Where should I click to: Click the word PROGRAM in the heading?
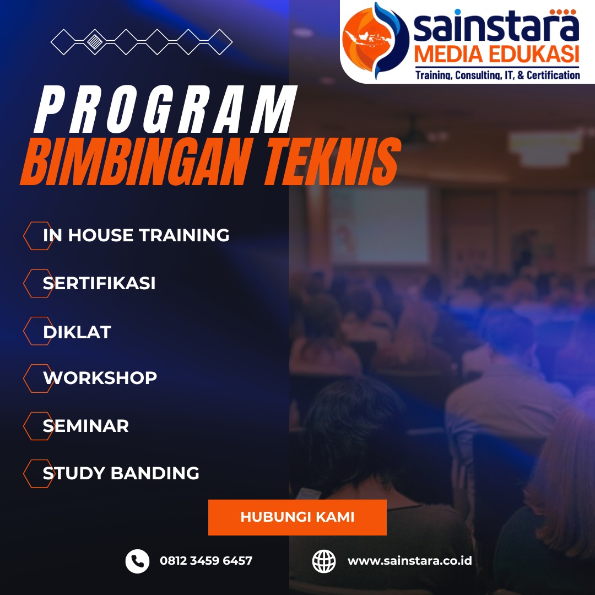(x=165, y=109)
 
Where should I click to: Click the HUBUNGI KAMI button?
(x=297, y=517)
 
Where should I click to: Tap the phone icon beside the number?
(x=137, y=561)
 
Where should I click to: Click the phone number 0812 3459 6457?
(x=206, y=560)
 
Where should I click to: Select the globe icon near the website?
(x=324, y=561)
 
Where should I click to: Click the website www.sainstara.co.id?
(x=409, y=560)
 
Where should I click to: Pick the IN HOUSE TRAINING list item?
(x=136, y=235)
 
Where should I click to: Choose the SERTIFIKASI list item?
(x=99, y=283)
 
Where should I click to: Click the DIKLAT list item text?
(x=77, y=332)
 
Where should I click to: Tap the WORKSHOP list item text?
(x=100, y=378)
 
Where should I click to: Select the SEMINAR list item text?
(x=86, y=426)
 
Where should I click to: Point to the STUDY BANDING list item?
(x=121, y=473)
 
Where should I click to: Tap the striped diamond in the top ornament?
(x=95, y=42)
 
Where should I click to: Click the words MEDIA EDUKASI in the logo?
(x=497, y=54)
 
